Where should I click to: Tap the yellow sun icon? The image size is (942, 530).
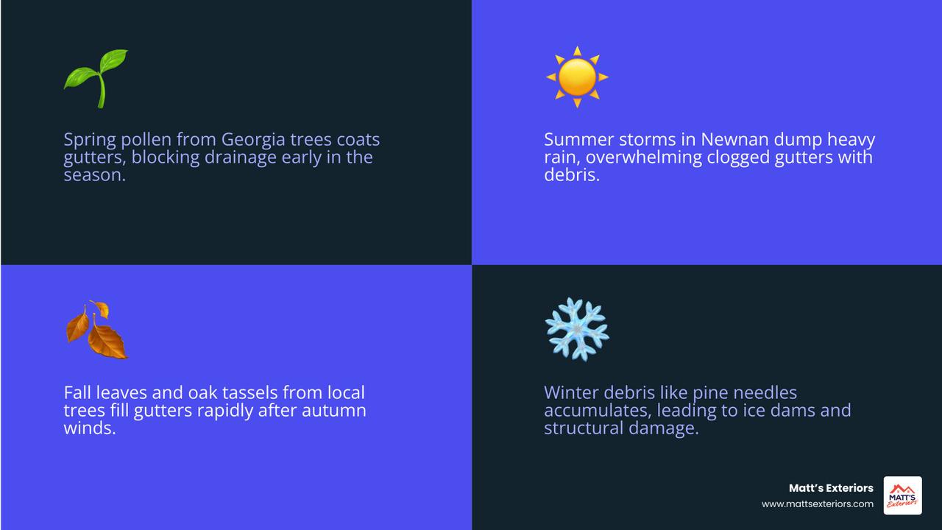[577, 77]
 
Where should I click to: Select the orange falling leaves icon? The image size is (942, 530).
[96, 330]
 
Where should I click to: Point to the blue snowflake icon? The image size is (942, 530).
[577, 329]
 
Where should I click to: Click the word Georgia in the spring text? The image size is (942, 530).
[253, 140]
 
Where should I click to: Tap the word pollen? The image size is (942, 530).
[146, 140]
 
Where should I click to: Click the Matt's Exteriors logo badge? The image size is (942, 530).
[902, 495]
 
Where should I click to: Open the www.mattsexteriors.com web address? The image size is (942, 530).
[818, 504]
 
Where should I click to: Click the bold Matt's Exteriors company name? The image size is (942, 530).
[831, 488]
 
